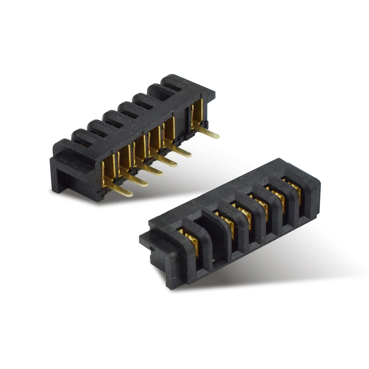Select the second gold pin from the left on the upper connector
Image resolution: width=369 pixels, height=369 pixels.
(137, 181)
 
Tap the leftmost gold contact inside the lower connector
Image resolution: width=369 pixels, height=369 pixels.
(189, 242)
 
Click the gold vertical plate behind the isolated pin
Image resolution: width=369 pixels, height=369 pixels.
(197, 111)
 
